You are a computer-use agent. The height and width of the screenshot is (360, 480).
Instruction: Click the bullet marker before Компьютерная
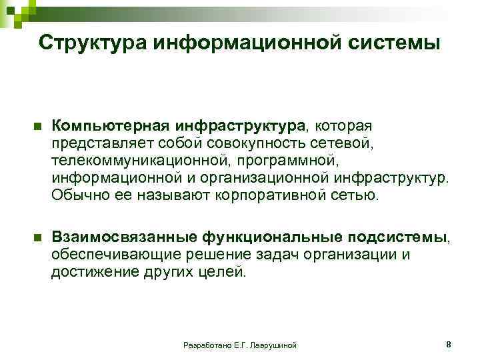(x=37, y=127)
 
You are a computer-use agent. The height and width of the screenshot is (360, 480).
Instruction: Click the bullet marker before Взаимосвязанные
(x=37, y=237)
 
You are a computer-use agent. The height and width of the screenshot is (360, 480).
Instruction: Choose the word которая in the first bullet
(x=346, y=125)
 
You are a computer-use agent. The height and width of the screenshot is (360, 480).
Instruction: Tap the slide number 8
(x=448, y=344)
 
